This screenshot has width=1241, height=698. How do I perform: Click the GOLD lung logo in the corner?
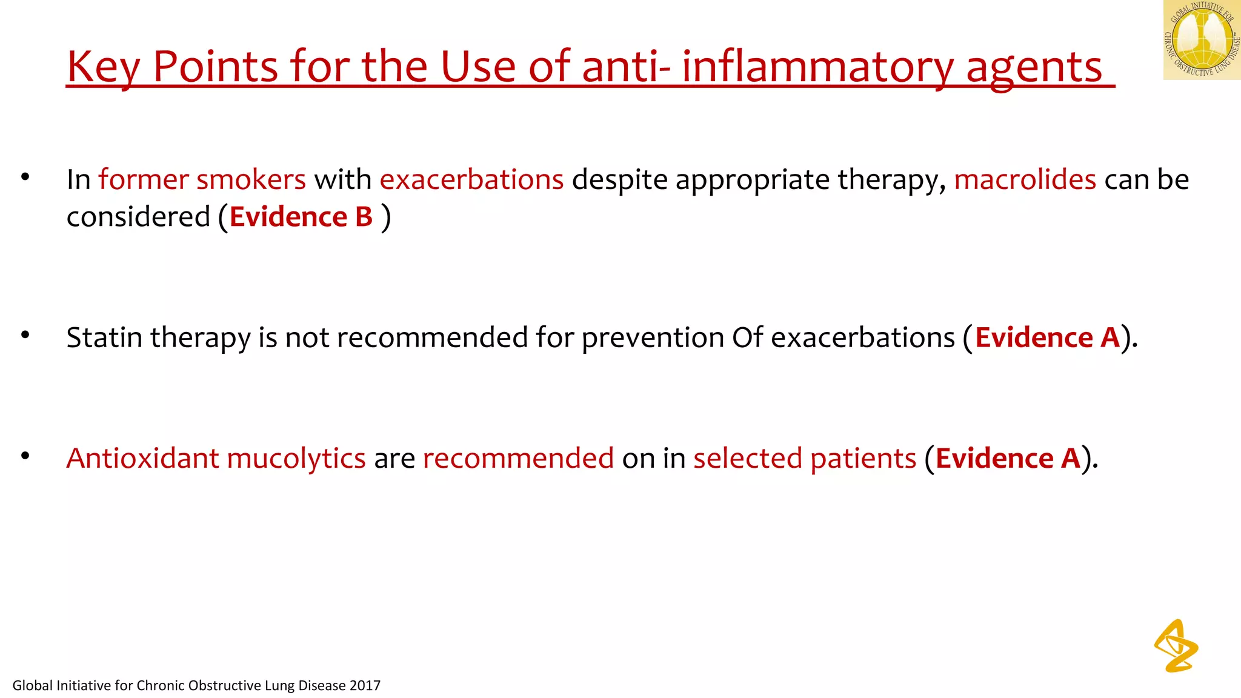(1201, 40)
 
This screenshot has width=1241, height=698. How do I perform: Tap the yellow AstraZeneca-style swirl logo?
(1176, 646)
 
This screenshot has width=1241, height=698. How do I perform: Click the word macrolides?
(1025, 180)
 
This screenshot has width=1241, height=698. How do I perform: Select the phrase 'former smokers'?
(202, 180)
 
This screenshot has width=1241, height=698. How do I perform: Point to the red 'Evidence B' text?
(301, 217)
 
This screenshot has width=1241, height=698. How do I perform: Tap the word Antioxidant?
(142, 458)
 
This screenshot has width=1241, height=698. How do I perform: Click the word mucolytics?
(296, 459)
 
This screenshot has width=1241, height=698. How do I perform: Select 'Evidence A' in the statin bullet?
(1047, 337)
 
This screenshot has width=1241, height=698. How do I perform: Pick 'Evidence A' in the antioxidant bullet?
(1008, 458)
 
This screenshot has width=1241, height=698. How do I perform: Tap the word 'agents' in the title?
(1034, 68)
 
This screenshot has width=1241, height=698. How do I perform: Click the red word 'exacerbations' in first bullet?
(471, 180)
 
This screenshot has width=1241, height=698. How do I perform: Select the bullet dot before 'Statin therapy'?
(25, 334)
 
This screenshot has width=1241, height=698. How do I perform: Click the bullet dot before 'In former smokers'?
(25, 177)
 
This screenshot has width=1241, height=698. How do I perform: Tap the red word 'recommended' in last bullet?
(518, 458)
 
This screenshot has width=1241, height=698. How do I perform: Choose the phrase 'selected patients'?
(804, 459)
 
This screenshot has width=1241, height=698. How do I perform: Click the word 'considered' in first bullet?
(138, 217)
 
